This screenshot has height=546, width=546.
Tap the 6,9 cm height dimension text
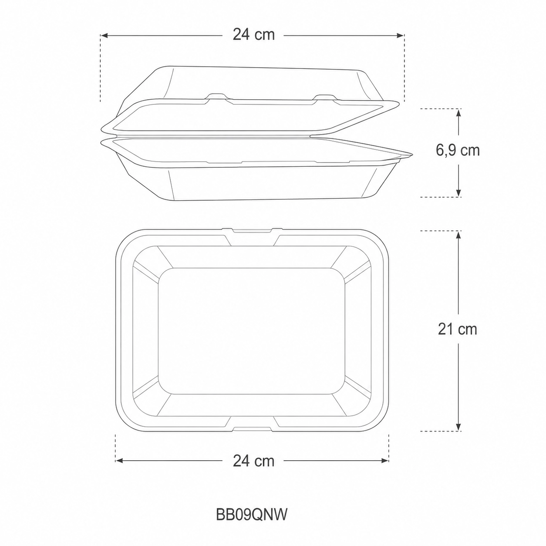(x=458, y=150)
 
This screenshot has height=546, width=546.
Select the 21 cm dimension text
(x=457, y=329)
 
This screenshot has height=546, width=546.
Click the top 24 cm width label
(x=253, y=35)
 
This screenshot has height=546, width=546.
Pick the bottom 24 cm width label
(x=253, y=461)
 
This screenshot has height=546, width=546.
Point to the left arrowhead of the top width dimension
(x=104, y=35)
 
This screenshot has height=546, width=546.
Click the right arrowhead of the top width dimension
(x=400, y=35)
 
